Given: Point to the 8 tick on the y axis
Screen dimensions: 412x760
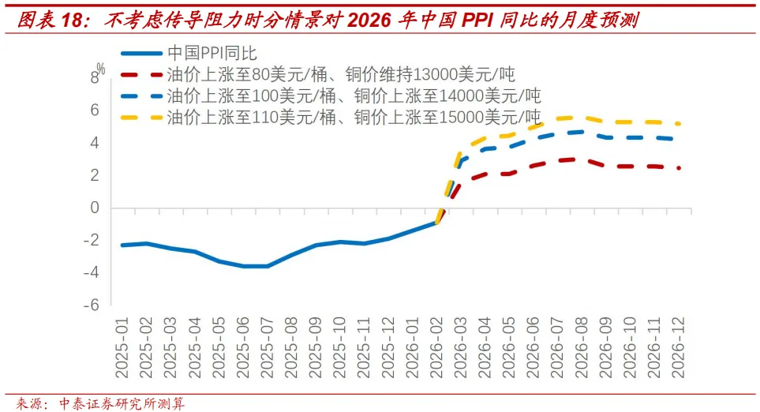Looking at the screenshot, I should click(95, 77).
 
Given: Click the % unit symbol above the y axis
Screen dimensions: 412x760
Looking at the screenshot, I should click(101, 68).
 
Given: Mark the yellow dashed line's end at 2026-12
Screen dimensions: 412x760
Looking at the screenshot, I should click(680, 123).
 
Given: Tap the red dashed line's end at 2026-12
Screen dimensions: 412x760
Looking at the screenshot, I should click(680, 167).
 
